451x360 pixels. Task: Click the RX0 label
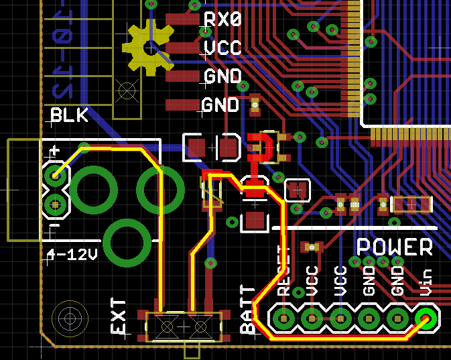pyautogui.click(x=222, y=19)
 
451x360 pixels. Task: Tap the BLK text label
pyautogui.click(x=70, y=115)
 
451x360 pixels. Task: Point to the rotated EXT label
pyautogui.click(x=119, y=316)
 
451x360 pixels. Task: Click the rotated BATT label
pyautogui.click(x=248, y=310)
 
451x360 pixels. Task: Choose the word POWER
pyautogui.click(x=395, y=247)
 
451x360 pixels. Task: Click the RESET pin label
pyautogui.click(x=283, y=272)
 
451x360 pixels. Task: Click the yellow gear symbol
pyautogui.click(x=148, y=47)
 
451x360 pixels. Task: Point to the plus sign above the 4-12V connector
pyautogui.click(x=56, y=151)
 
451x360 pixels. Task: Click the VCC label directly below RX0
pyautogui.click(x=222, y=48)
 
